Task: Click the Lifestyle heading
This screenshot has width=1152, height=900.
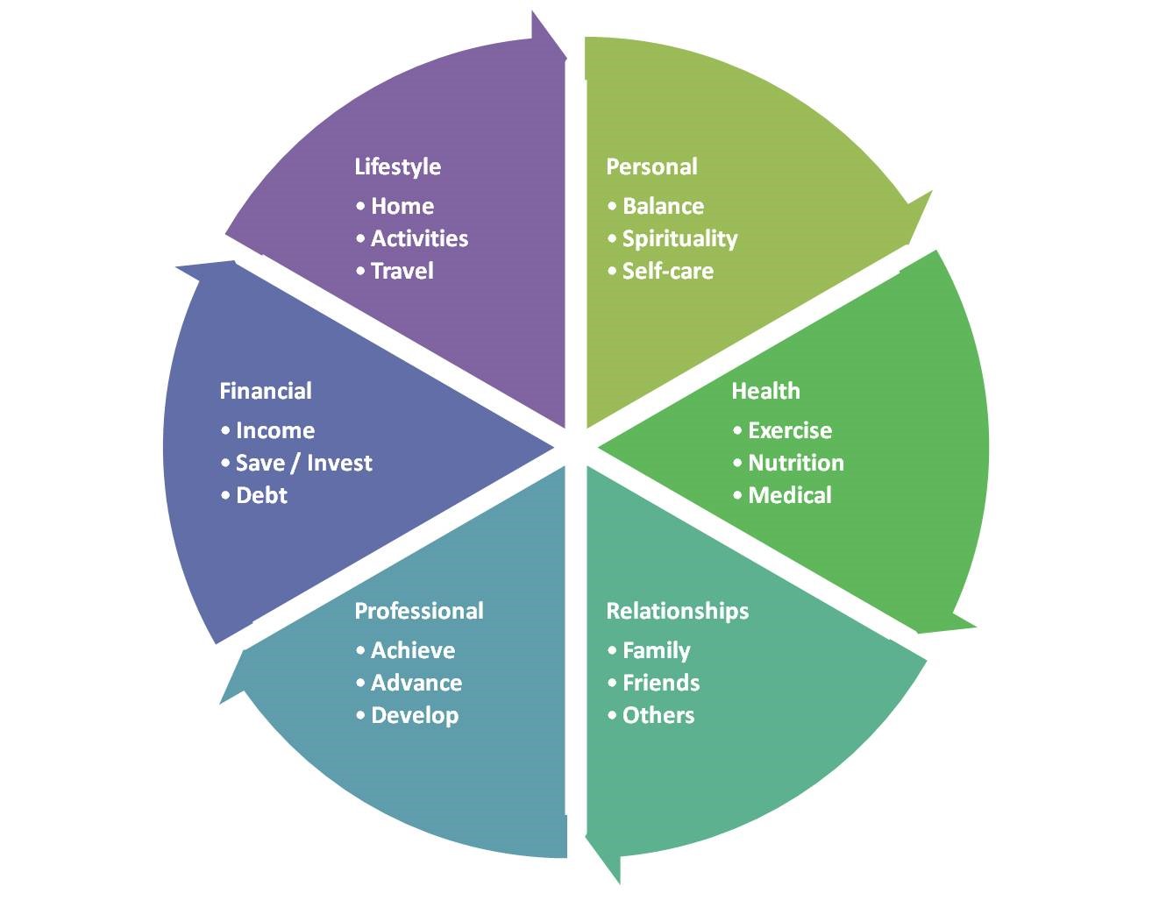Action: [x=397, y=167]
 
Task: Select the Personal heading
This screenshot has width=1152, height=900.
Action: [x=651, y=167]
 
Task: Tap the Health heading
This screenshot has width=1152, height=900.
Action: [x=765, y=391]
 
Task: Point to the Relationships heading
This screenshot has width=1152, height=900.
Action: [x=677, y=611]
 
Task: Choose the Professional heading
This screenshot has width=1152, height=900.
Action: [x=418, y=611]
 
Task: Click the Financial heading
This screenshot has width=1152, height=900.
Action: [x=265, y=391]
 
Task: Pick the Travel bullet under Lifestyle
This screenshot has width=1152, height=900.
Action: [x=402, y=271]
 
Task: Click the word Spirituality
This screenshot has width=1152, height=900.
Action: [x=679, y=238]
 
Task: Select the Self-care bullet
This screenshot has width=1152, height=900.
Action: [x=667, y=271]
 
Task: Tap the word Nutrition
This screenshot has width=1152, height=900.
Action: [x=795, y=463]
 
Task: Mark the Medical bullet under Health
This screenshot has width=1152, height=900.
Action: [x=789, y=495]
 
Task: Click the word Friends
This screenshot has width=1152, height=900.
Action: [x=660, y=683]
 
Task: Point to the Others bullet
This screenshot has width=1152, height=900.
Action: [x=658, y=715]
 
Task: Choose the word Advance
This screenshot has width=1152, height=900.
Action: [x=416, y=683]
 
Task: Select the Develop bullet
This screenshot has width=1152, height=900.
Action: [x=414, y=715]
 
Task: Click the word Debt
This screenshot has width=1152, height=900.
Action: [x=261, y=495]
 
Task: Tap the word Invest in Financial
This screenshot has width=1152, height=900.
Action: [x=339, y=463]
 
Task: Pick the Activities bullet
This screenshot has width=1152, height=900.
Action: [x=419, y=238]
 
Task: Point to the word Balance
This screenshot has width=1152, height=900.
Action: [x=663, y=206]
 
